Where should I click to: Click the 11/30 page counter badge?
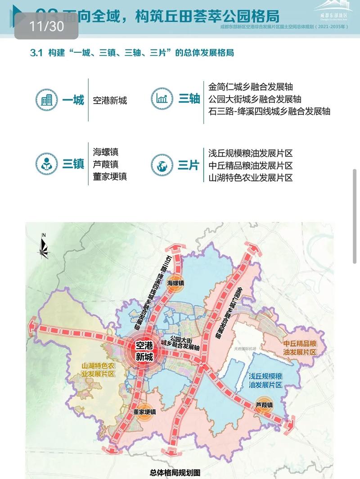(47, 26)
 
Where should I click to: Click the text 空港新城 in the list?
(110, 100)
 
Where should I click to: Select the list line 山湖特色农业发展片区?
(251, 177)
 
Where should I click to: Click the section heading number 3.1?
(36, 53)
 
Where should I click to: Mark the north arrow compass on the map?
(44, 247)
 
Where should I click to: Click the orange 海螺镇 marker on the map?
(176, 283)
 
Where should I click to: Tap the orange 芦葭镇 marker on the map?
(264, 405)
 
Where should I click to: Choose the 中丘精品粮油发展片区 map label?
(300, 347)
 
